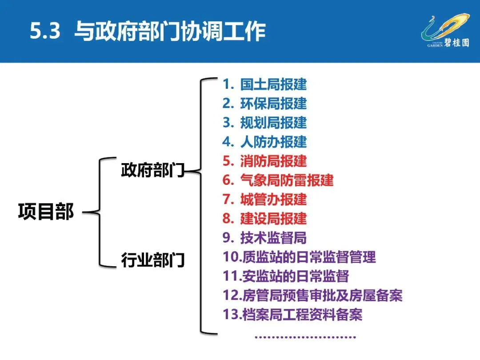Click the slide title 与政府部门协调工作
[170, 32]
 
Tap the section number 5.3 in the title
[45, 32]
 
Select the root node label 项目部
[46, 212]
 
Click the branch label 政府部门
[152, 170]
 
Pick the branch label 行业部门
[152, 260]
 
